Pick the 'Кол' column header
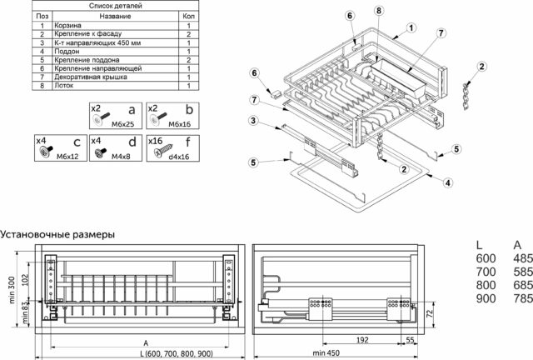188,16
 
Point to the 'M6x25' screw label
124,123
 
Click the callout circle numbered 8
380,11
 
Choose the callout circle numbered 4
448,182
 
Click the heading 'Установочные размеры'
57,234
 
